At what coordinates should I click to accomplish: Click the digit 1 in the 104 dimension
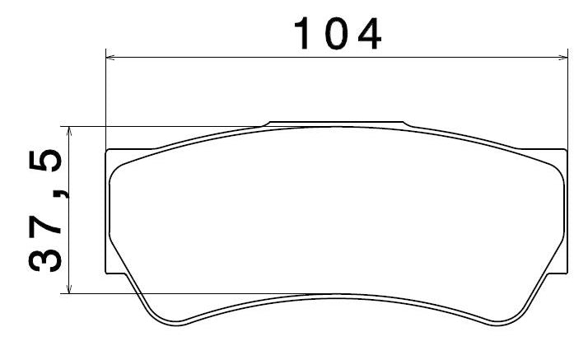pyautogui.click(x=302, y=34)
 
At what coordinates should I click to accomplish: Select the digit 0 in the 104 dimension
pyautogui.click(x=335, y=34)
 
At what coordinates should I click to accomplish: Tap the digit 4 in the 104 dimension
pyautogui.click(x=370, y=34)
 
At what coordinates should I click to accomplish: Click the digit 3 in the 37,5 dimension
pyautogui.click(x=45, y=256)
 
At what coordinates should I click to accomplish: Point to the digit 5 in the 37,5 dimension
pyautogui.click(x=45, y=160)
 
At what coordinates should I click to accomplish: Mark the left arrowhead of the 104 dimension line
pyautogui.click(x=111, y=58)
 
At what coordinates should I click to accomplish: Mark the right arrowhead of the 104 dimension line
pyautogui.click(x=562, y=58)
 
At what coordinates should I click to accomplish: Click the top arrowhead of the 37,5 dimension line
pyautogui.click(x=68, y=131)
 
